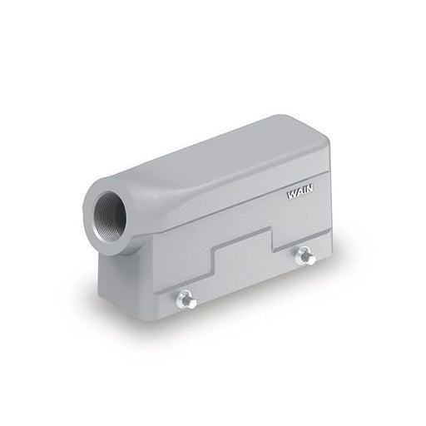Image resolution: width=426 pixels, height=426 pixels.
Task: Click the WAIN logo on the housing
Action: click(x=300, y=193)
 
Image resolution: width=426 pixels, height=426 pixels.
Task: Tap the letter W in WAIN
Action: click(x=291, y=195)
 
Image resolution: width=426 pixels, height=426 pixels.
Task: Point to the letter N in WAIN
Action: click(x=309, y=190)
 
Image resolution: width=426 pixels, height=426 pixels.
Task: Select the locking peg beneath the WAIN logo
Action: click(x=305, y=256)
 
